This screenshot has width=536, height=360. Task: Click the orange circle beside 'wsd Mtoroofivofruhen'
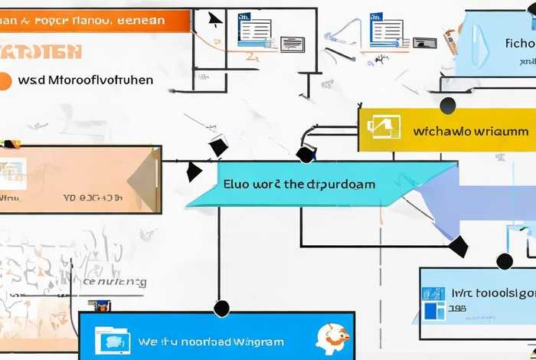click(5, 80)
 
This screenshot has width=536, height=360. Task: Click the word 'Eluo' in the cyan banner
click(238, 184)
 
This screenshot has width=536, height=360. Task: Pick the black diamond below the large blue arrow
click(458, 247)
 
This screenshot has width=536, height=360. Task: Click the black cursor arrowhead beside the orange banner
click(216, 20)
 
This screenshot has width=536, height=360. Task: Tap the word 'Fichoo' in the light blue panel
click(520, 43)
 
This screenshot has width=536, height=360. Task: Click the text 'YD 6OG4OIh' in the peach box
click(93, 197)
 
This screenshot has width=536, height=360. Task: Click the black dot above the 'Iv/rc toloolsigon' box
click(505, 262)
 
